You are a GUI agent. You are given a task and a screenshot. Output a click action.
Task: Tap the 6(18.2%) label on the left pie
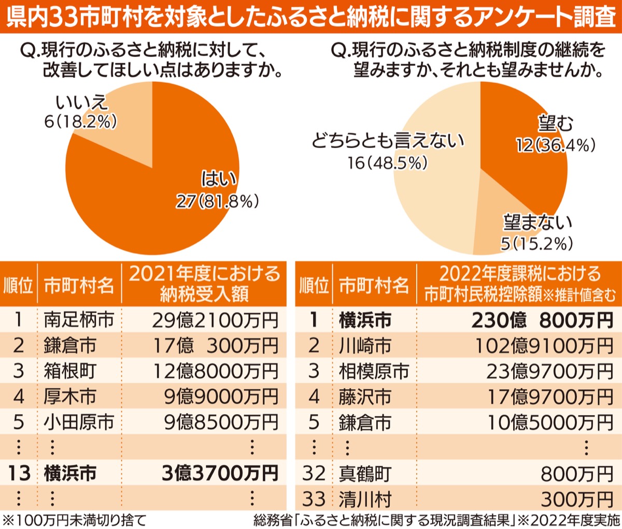(x=80, y=122)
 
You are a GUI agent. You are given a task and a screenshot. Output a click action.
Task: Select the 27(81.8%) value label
(x=217, y=201)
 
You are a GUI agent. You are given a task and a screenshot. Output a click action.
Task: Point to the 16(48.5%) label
(x=387, y=163)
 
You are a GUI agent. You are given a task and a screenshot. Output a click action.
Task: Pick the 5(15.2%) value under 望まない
(x=536, y=243)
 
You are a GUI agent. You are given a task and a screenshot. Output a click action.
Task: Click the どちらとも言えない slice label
(x=388, y=141)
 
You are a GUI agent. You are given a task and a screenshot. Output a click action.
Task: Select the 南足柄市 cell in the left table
(x=79, y=319)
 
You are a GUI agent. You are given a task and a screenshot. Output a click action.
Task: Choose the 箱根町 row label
(x=70, y=371)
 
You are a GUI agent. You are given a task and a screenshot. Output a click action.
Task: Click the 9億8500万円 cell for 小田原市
(x=221, y=422)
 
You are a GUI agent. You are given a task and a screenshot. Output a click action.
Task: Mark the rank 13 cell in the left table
(x=19, y=473)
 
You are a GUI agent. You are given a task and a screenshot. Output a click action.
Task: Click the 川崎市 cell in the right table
(x=365, y=346)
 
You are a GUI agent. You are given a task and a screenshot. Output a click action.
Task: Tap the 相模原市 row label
(x=374, y=371)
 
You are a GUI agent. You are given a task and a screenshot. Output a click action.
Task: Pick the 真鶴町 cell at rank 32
(x=365, y=474)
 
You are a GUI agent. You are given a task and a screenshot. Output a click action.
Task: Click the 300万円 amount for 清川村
(x=577, y=499)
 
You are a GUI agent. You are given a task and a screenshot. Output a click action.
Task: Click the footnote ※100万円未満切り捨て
(x=75, y=520)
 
